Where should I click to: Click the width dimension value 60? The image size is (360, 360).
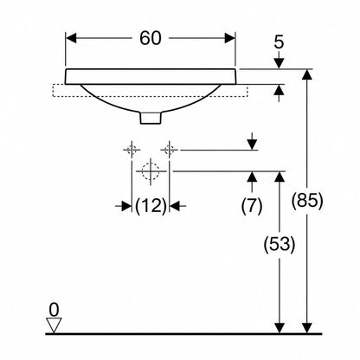(151, 38)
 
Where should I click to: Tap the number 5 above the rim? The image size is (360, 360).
(279, 42)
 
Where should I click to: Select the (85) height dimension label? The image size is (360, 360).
(307, 200)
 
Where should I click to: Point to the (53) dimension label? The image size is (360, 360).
(280, 244)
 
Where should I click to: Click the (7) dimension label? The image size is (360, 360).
(252, 206)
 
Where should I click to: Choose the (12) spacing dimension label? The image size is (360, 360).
(151, 206)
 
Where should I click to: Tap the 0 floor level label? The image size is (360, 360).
(54, 311)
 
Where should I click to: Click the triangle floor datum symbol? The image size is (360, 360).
(54, 325)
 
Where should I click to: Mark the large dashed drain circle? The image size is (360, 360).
(151, 171)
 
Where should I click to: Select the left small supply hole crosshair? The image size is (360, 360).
(132, 150)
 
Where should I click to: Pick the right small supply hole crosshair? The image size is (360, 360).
(170, 150)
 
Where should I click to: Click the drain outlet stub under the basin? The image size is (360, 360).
(151, 118)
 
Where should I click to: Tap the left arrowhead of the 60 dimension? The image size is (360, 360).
(71, 38)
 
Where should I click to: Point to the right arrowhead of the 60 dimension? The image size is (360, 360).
(230, 38)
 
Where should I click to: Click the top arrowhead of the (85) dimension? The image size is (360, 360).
(307, 74)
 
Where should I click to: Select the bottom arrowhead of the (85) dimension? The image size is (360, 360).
(307, 328)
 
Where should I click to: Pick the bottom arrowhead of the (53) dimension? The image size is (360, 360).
(280, 328)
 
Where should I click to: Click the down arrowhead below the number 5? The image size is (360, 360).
(279, 63)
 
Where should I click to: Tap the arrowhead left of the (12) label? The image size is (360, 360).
(126, 206)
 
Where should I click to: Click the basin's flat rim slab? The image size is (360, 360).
(151, 77)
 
